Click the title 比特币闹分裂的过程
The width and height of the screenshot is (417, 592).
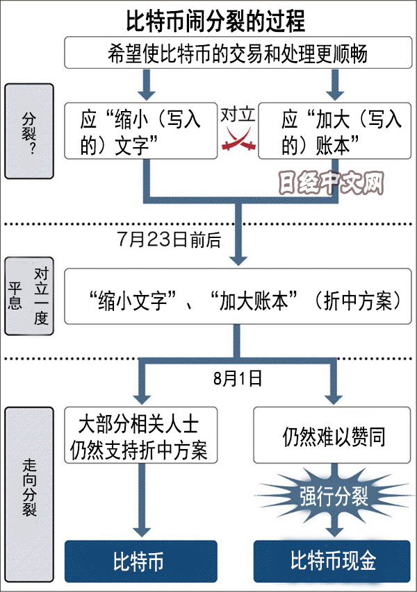[x=215, y=21]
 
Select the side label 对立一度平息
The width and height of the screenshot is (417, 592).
[x=28, y=299]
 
